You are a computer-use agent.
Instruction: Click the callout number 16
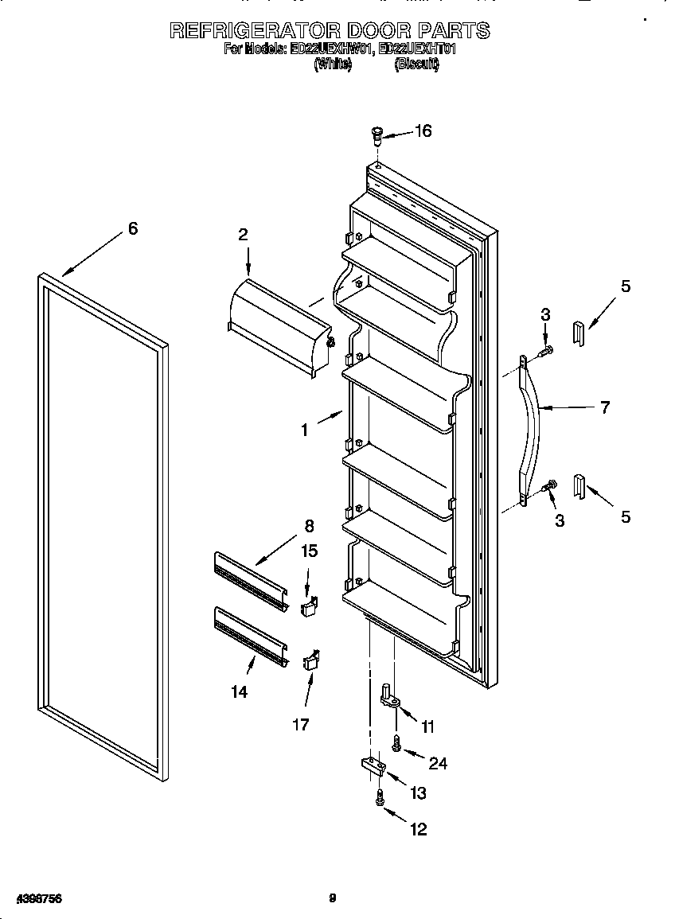coord(423,131)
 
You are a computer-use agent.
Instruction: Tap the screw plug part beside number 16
coord(378,136)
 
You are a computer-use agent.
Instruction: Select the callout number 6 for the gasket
coord(133,229)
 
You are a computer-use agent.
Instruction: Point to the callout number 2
coord(243,234)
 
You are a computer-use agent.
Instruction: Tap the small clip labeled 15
coord(310,607)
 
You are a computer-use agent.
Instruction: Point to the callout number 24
coord(438,764)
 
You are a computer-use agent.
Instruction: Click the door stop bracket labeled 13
coord(371,766)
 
